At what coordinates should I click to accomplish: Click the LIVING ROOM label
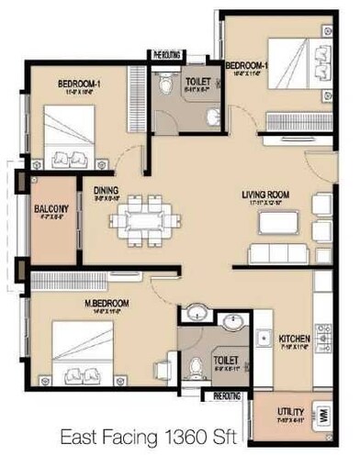265,195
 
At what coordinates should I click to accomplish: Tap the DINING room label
107,191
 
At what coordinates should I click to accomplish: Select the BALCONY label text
46,208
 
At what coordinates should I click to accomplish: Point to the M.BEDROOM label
107,303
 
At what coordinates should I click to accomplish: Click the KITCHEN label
294,339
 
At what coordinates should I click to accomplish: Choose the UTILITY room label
292,411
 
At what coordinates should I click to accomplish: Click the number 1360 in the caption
213,437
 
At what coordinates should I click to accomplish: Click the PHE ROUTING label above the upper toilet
167,55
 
